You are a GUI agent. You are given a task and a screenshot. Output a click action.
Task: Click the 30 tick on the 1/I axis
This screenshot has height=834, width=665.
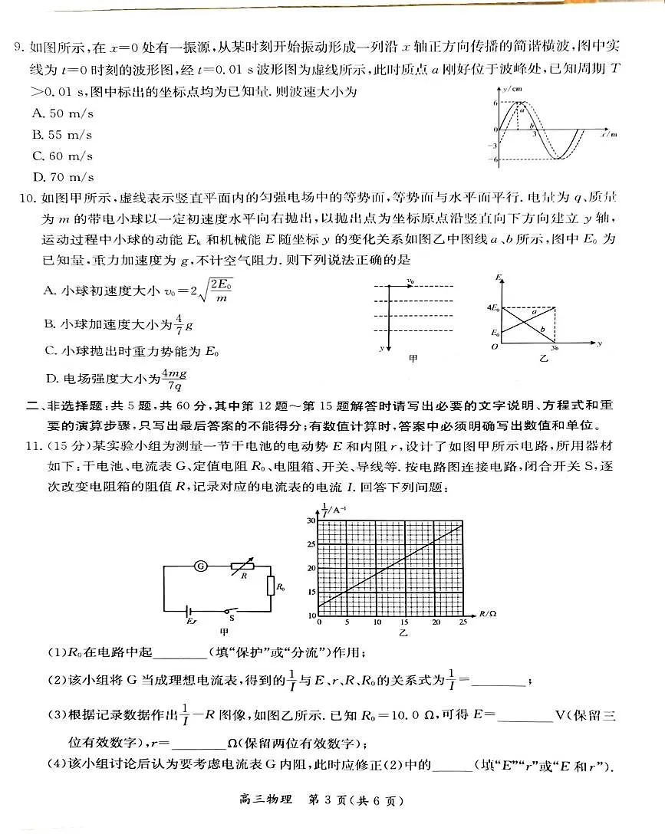tap(311, 520)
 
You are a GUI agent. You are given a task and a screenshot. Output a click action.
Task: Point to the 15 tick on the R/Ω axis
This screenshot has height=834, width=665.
tap(377, 622)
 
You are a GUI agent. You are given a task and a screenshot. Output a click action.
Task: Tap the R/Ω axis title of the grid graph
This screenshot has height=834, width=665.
tap(488, 614)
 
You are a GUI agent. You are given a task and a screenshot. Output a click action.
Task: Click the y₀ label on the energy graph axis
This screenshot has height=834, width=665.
tap(554, 346)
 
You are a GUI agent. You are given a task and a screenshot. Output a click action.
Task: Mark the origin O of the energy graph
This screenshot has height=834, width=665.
tap(495, 347)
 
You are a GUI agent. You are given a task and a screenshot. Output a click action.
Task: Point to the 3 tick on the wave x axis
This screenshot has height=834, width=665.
tap(535, 133)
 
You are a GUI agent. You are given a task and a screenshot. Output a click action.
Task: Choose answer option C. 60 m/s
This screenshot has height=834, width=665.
tap(62, 156)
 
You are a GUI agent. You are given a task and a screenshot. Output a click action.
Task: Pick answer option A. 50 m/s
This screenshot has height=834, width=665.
tap(62, 113)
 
